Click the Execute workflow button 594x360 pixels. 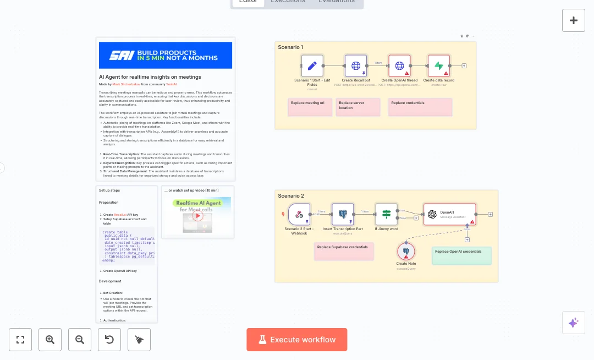[x=296, y=340]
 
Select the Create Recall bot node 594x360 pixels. [x=356, y=66]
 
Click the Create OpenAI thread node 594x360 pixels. [x=399, y=66]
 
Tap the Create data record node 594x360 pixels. [x=439, y=66]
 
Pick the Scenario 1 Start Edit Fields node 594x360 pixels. [x=312, y=66]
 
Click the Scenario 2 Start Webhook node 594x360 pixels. [x=299, y=214]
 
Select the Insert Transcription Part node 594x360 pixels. [x=343, y=214]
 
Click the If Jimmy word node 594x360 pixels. [x=386, y=214]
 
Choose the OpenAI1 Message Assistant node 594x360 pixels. [x=449, y=214]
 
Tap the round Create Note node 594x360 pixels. [x=406, y=252]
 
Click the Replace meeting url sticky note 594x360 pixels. [x=310, y=107]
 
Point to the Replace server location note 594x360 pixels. [x=358, y=107]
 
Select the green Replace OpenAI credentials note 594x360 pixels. [x=461, y=255]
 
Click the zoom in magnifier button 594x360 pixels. [x=50, y=340]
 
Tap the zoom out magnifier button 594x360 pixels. [x=80, y=340]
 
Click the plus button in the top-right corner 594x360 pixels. [x=574, y=20]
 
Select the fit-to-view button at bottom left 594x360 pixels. [x=20, y=340]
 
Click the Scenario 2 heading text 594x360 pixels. [x=291, y=196]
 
